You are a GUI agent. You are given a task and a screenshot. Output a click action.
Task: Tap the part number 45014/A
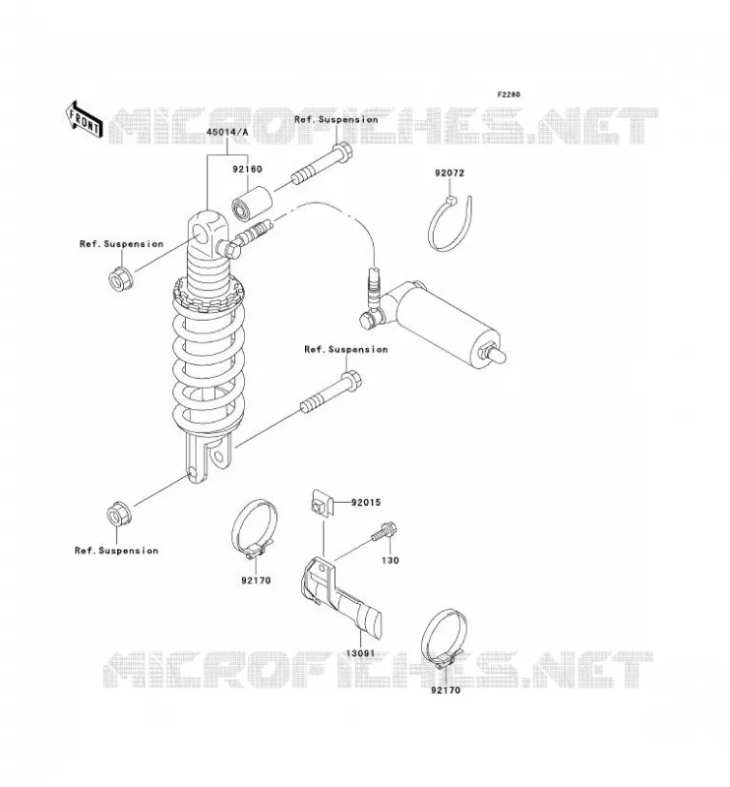coord(227,132)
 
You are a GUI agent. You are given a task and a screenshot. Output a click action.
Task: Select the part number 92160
coord(247,169)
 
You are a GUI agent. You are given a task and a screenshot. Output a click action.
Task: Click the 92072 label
coord(450,173)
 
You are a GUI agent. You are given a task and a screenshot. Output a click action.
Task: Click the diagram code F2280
coord(509,94)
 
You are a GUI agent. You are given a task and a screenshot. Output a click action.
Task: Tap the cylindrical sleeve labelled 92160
coord(252,204)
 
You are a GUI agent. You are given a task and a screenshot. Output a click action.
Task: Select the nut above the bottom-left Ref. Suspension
coord(119,514)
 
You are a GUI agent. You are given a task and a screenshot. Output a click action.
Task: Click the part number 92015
coord(366,502)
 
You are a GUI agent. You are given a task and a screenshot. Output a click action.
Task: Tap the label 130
coord(391,560)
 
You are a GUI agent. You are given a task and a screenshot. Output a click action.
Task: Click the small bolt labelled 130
coord(385,532)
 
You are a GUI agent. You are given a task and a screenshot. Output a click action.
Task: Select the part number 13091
coord(360,653)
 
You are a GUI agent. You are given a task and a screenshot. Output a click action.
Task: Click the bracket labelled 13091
coord(339,596)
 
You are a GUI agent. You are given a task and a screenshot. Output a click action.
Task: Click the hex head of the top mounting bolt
coord(342,152)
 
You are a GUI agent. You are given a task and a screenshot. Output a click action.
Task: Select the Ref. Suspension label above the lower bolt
coord(346,349)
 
